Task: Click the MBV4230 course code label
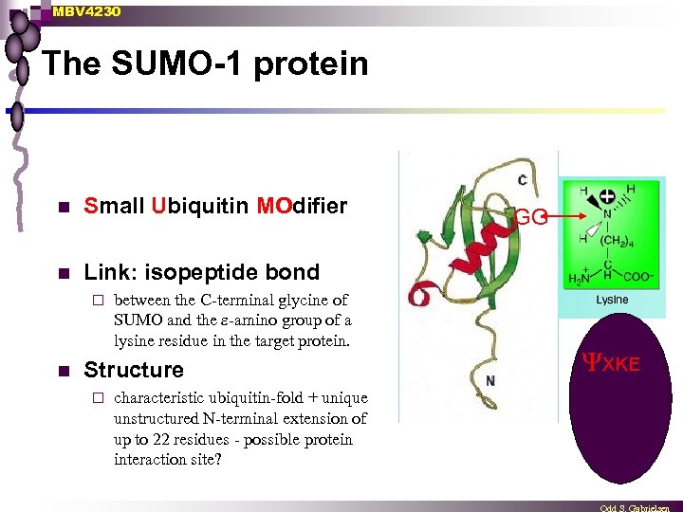pos(87,11)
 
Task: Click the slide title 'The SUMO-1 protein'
pos(205,64)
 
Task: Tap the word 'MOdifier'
pos(302,206)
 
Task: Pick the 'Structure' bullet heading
pos(134,370)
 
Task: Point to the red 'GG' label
pos(529,217)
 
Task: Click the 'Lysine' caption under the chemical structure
pos(612,301)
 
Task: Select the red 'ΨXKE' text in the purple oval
pos(610,363)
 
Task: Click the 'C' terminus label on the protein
pos(523,179)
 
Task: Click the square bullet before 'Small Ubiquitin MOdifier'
pos(63,207)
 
